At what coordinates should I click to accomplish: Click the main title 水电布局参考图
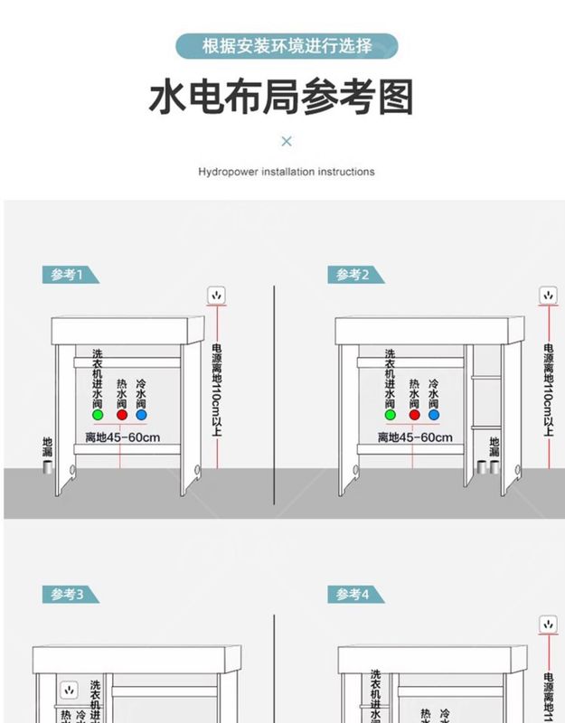[x=281, y=96]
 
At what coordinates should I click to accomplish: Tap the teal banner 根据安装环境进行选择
[x=286, y=45]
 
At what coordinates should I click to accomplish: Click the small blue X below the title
[x=287, y=141]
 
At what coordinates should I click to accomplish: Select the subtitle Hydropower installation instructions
[x=286, y=171]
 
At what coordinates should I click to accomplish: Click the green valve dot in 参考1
[x=98, y=416]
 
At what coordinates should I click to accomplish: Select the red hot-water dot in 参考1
[x=121, y=416]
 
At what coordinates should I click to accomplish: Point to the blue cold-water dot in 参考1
[x=142, y=416]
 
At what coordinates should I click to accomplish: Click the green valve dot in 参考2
[x=391, y=416]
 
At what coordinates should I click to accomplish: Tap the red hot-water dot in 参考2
[x=414, y=416]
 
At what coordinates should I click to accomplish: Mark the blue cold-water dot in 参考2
[x=435, y=416]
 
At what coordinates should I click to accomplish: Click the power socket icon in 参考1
[x=217, y=296]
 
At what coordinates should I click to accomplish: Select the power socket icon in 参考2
[x=548, y=296]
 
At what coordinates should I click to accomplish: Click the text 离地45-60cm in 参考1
[x=123, y=438]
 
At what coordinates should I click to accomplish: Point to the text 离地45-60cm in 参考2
[x=415, y=438]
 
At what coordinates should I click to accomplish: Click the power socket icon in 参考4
[x=548, y=624]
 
